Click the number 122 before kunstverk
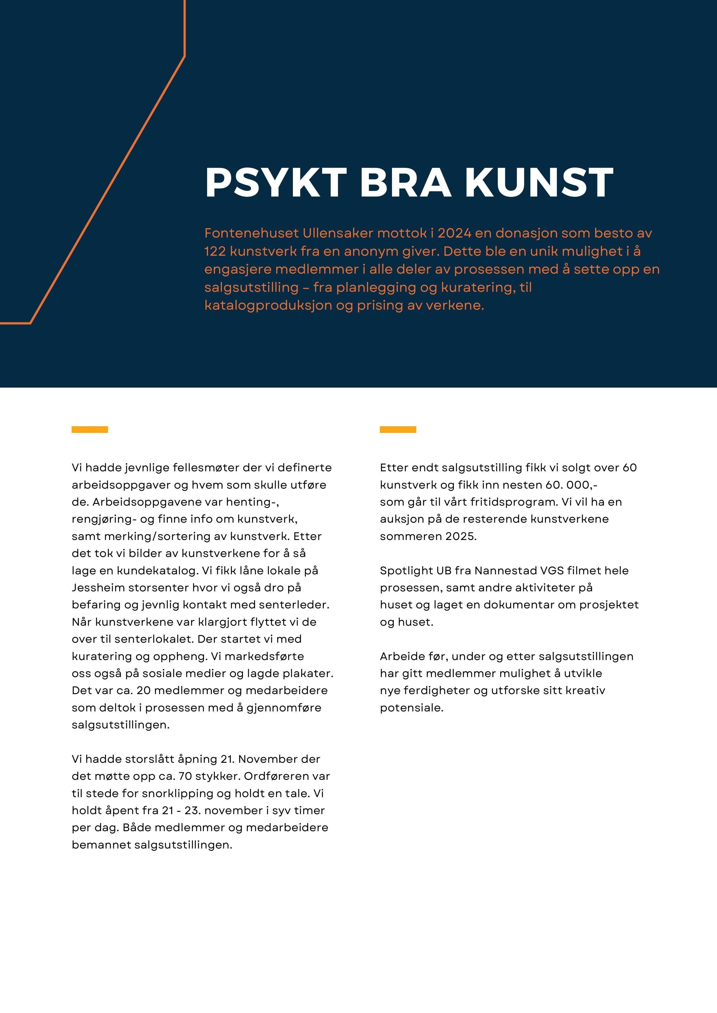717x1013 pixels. tap(215, 251)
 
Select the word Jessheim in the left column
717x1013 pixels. tap(98, 588)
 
